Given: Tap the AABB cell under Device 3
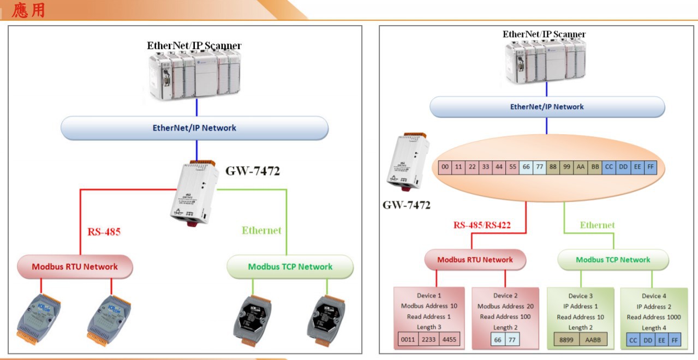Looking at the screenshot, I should (593, 340).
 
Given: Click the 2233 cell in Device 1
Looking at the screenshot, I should (429, 340).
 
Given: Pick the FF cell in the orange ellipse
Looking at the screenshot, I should (651, 167).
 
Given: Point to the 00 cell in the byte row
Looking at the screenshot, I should (445, 167).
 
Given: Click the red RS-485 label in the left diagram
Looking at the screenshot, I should (104, 232).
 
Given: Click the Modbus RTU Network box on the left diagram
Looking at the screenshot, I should (75, 267).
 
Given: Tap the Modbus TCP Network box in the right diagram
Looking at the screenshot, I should (613, 260).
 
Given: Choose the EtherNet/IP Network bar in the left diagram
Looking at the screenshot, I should (194, 128).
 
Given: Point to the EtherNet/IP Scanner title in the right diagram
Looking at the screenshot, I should (544, 34).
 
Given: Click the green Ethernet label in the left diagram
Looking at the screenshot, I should (261, 230).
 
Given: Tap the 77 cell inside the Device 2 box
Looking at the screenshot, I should (511, 340).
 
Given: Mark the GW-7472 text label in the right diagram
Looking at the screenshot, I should (406, 205).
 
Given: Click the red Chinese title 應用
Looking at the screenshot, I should (28, 10).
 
